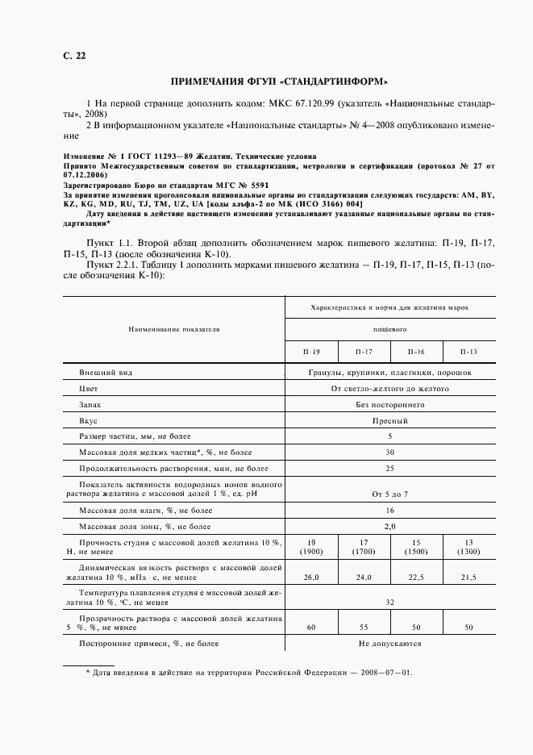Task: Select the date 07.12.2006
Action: click(x=85, y=174)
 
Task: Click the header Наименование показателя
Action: click(x=173, y=329)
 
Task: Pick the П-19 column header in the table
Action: click(x=311, y=352)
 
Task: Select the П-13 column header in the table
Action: click(x=468, y=352)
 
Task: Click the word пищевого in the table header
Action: click(x=389, y=329)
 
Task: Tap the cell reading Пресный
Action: click(x=389, y=420)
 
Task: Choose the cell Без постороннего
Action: click(x=389, y=404)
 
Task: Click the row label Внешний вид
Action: click(x=105, y=373)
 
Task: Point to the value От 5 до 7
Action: click(x=389, y=493)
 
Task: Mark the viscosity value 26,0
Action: click(x=311, y=578)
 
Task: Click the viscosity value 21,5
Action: click(x=468, y=578)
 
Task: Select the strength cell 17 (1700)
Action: click(x=363, y=546)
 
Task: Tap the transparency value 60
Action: click(x=311, y=626)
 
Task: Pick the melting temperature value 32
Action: click(x=389, y=602)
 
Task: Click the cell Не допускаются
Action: click(x=389, y=644)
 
